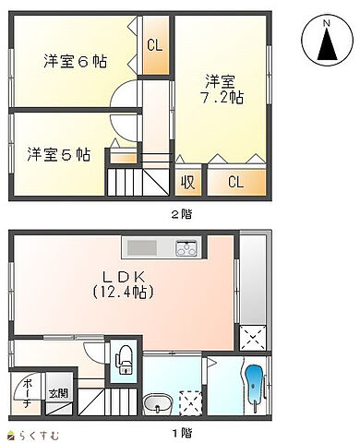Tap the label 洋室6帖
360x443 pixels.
point(75,62)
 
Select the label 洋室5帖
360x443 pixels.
point(59,153)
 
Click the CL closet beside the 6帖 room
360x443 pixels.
point(154,44)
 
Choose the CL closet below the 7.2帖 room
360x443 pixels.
point(235,182)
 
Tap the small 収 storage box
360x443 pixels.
point(188,182)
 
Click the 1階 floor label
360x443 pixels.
point(182,432)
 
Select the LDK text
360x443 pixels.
point(120,276)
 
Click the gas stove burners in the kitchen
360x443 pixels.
point(186,248)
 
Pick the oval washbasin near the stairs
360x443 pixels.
point(157,405)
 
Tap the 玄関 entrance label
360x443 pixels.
point(57,393)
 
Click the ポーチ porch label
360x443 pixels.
point(28,392)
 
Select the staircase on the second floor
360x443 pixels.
point(128,175)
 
